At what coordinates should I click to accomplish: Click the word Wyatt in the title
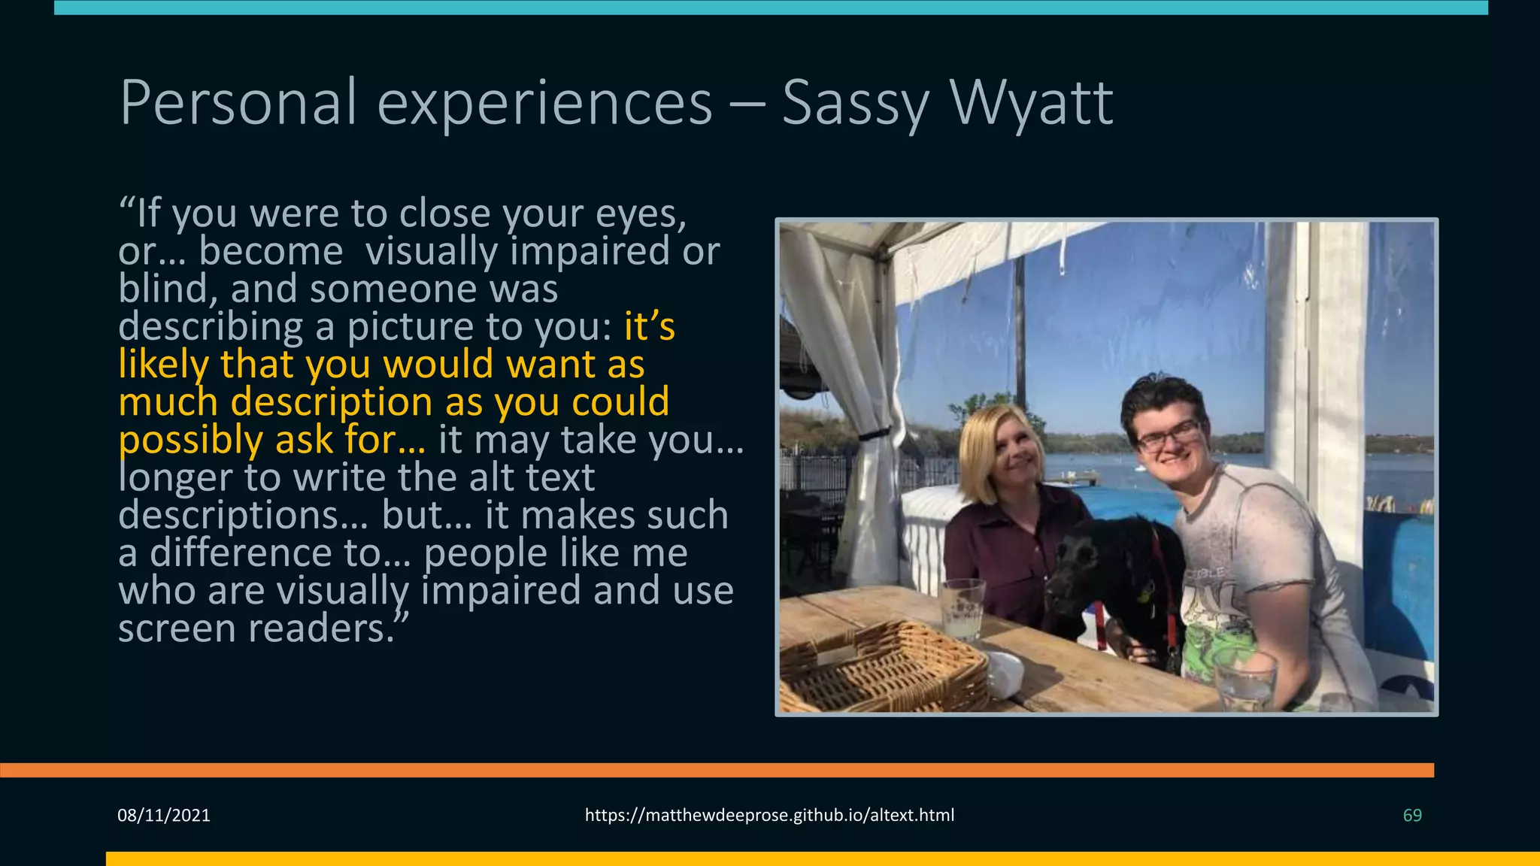click(x=1031, y=103)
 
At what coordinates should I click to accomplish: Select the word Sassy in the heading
click(x=856, y=105)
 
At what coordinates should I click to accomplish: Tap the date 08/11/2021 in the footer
click(x=164, y=816)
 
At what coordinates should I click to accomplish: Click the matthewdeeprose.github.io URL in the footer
click(x=769, y=816)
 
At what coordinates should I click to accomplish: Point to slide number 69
click(x=1412, y=816)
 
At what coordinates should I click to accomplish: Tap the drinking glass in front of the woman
click(x=961, y=609)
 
